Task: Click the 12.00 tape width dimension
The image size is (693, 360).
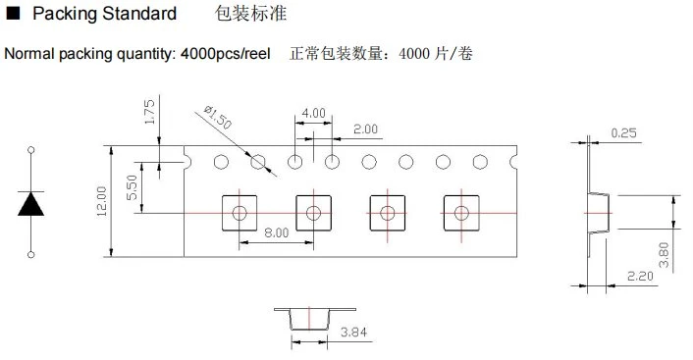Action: [102, 201]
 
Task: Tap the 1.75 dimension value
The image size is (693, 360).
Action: [150, 112]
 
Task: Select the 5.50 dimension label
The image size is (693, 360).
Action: [133, 187]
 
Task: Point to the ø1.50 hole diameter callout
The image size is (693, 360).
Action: [218, 117]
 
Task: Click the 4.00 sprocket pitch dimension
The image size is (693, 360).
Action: [313, 114]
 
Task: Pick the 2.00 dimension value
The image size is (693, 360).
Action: [365, 129]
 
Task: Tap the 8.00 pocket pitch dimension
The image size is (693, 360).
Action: [276, 232]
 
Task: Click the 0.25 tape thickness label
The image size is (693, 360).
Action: [623, 133]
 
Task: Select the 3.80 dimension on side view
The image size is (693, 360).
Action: [664, 255]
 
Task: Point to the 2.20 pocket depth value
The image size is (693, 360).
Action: [640, 277]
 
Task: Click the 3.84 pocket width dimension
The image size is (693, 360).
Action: [353, 333]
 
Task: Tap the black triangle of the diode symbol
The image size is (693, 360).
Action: [31, 204]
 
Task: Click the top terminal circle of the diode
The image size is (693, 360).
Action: [31, 150]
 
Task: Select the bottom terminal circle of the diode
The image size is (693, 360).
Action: [31, 254]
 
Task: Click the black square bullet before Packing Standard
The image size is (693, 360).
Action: [14, 14]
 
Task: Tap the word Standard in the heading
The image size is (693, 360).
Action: [139, 14]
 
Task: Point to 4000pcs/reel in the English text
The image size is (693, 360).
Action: [226, 54]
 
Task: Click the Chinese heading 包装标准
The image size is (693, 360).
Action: [250, 14]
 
